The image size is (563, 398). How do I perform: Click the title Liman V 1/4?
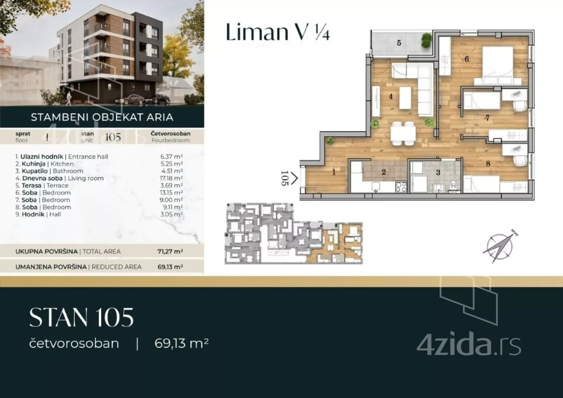(277, 32)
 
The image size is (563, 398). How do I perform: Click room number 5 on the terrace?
(399, 43)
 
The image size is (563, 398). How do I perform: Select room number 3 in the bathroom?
(438, 172)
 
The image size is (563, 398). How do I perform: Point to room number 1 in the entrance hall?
(334, 172)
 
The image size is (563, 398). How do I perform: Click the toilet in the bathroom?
(454, 185)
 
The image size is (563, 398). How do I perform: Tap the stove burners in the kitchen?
(401, 187)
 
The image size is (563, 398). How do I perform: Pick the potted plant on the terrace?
(426, 41)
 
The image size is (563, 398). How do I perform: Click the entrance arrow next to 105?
(294, 178)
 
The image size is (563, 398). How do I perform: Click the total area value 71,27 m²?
(170, 251)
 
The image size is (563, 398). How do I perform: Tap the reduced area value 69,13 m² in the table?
(170, 267)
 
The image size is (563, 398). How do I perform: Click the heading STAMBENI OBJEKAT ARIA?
(102, 117)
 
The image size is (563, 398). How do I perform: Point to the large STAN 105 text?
(81, 318)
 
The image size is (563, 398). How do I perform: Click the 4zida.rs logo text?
(468, 345)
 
